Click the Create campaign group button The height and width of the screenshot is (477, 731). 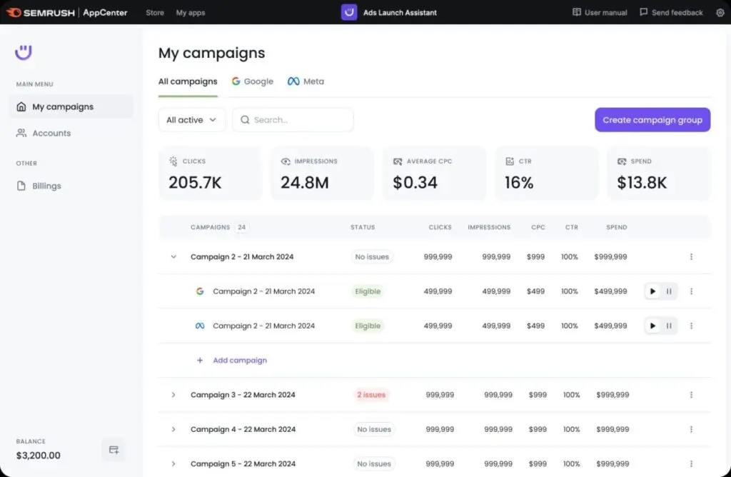(652, 120)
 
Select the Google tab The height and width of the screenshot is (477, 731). (253, 81)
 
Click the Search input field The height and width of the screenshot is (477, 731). (293, 120)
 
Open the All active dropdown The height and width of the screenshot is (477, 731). (192, 120)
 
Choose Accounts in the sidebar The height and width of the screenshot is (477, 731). (51, 133)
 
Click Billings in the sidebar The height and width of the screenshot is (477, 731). (46, 186)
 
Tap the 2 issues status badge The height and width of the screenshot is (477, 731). (371, 395)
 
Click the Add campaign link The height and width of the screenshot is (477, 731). (240, 361)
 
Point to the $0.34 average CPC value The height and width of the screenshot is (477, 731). (415, 183)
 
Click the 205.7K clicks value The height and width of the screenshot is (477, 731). (195, 183)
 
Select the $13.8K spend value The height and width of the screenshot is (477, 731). (642, 183)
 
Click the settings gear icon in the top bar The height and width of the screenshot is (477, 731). (720, 12)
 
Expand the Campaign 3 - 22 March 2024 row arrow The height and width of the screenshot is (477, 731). (173, 395)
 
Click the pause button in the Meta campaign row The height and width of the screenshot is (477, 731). (669, 326)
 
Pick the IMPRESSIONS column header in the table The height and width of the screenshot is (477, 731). (489, 227)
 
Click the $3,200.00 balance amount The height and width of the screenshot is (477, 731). (39, 456)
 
